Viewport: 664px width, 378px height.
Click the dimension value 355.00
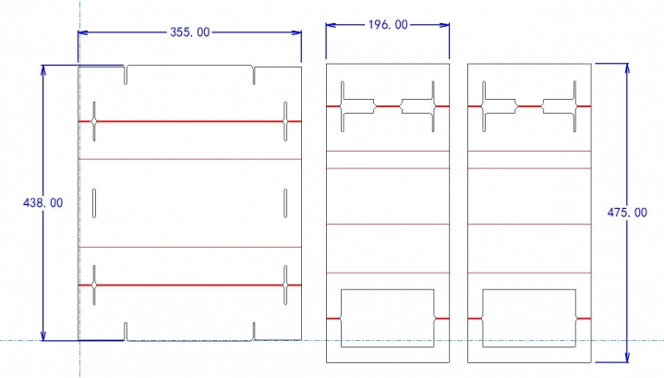click(190, 32)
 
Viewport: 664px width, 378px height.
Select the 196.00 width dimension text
click(388, 25)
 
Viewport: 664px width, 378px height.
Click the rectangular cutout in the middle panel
click(388, 318)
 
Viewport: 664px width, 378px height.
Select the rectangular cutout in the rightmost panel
click(530, 318)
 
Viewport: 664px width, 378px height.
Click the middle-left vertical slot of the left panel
click(94, 203)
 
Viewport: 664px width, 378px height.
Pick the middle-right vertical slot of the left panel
click(285, 203)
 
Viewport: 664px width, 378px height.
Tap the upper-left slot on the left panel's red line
click(94, 121)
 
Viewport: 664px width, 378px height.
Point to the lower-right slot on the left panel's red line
click(285, 286)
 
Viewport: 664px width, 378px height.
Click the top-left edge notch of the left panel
click(127, 73)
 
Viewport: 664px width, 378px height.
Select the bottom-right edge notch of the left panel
click(253, 331)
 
